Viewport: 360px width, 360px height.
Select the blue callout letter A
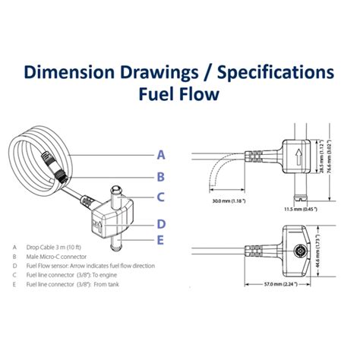161,154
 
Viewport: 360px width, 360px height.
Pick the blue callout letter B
161,177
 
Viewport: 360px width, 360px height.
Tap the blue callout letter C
161,199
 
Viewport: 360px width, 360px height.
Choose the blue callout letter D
161,223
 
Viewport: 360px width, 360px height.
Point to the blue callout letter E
161,241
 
